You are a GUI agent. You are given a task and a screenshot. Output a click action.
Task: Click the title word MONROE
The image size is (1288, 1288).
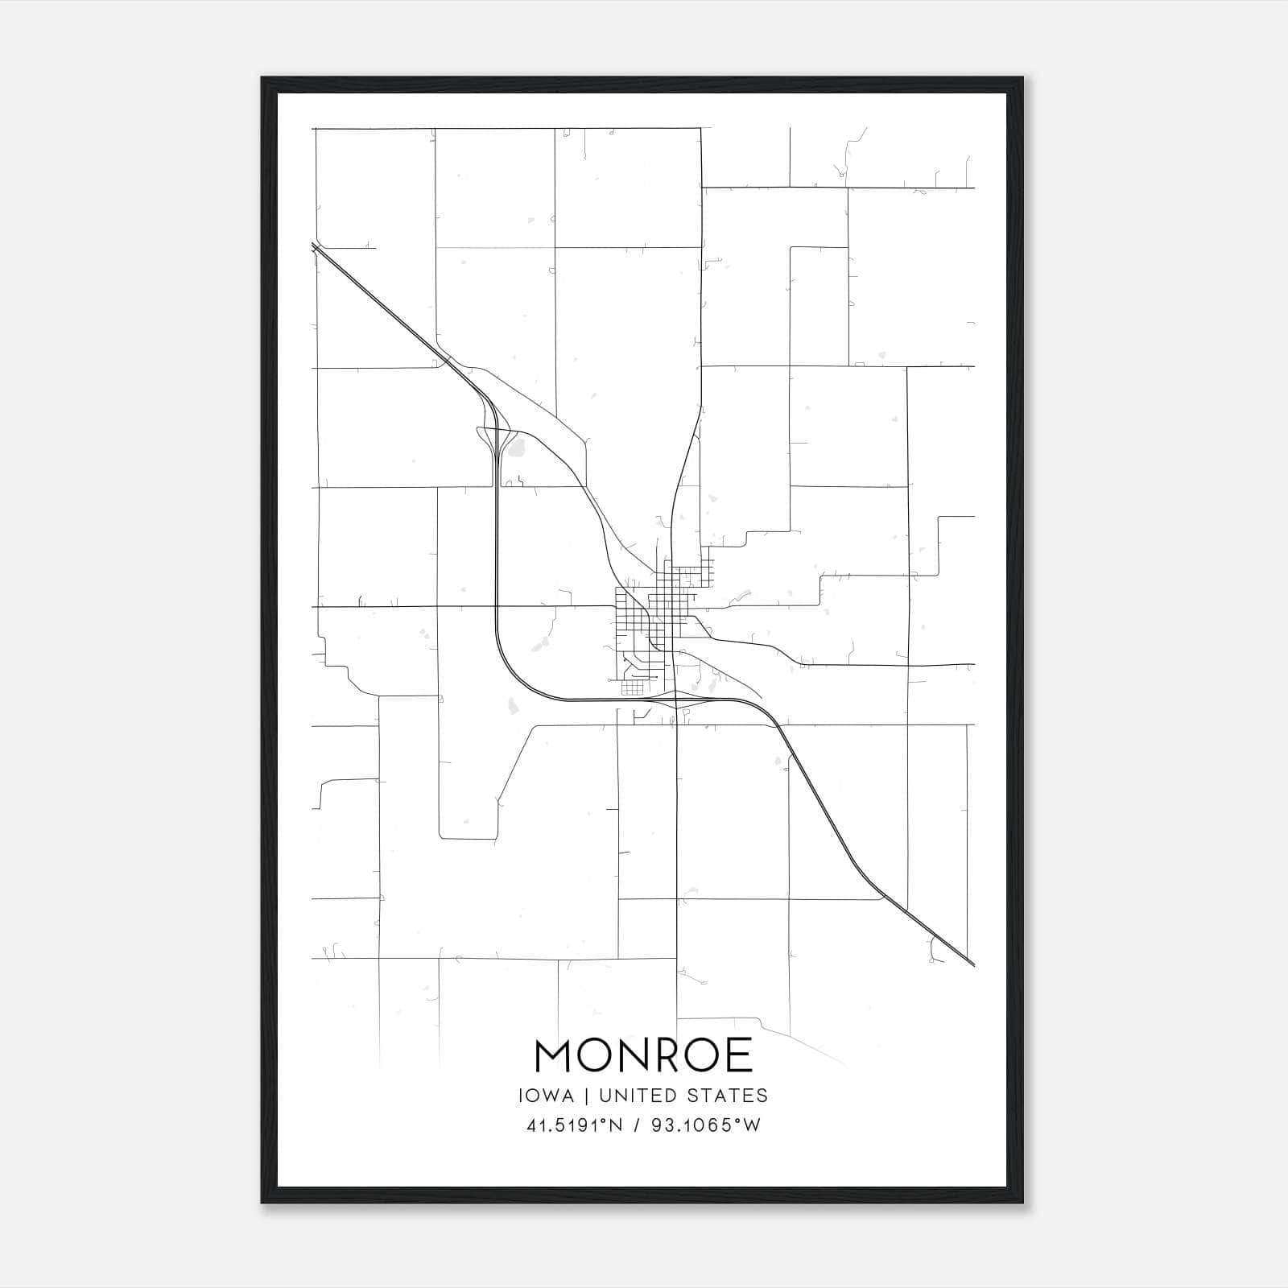pyautogui.click(x=643, y=1055)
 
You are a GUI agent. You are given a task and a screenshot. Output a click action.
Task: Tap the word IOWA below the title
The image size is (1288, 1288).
pyautogui.click(x=546, y=1096)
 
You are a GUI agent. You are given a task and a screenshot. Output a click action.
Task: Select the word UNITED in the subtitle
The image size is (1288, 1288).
pyautogui.click(x=636, y=1096)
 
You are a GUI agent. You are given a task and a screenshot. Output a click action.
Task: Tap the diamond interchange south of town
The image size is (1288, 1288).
pyautogui.click(x=677, y=700)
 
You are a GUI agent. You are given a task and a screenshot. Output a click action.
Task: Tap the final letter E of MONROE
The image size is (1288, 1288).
pyautogui.click(x=738, y=1055)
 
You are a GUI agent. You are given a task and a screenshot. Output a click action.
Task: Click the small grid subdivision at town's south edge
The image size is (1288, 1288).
pyautogui.click(x=632, y=688)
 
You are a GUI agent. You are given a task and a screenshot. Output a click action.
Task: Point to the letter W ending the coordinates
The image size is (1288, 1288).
pyautogui.click(x=752, y=1125)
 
